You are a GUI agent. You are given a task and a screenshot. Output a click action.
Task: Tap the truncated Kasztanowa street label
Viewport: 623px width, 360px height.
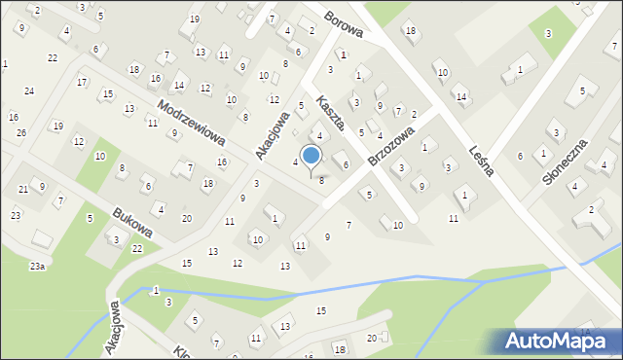click(331, 113)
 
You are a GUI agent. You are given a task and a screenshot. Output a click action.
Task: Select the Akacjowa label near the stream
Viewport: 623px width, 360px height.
click(115, 326)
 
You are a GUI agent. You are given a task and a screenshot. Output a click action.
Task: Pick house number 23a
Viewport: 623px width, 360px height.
click(37, 266)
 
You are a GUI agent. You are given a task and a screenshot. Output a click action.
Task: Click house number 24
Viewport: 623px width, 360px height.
click(29, 90)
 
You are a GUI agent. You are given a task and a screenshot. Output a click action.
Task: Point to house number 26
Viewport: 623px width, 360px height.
click(21, 131)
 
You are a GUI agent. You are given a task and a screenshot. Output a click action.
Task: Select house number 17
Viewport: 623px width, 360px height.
click(82, 82)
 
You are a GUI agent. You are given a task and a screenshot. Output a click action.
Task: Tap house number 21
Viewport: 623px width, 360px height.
click(23, 189)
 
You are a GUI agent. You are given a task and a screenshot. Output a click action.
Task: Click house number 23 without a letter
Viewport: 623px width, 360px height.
click(16, 214)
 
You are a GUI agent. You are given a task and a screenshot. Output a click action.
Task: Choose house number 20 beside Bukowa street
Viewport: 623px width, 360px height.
click(187, 218)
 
